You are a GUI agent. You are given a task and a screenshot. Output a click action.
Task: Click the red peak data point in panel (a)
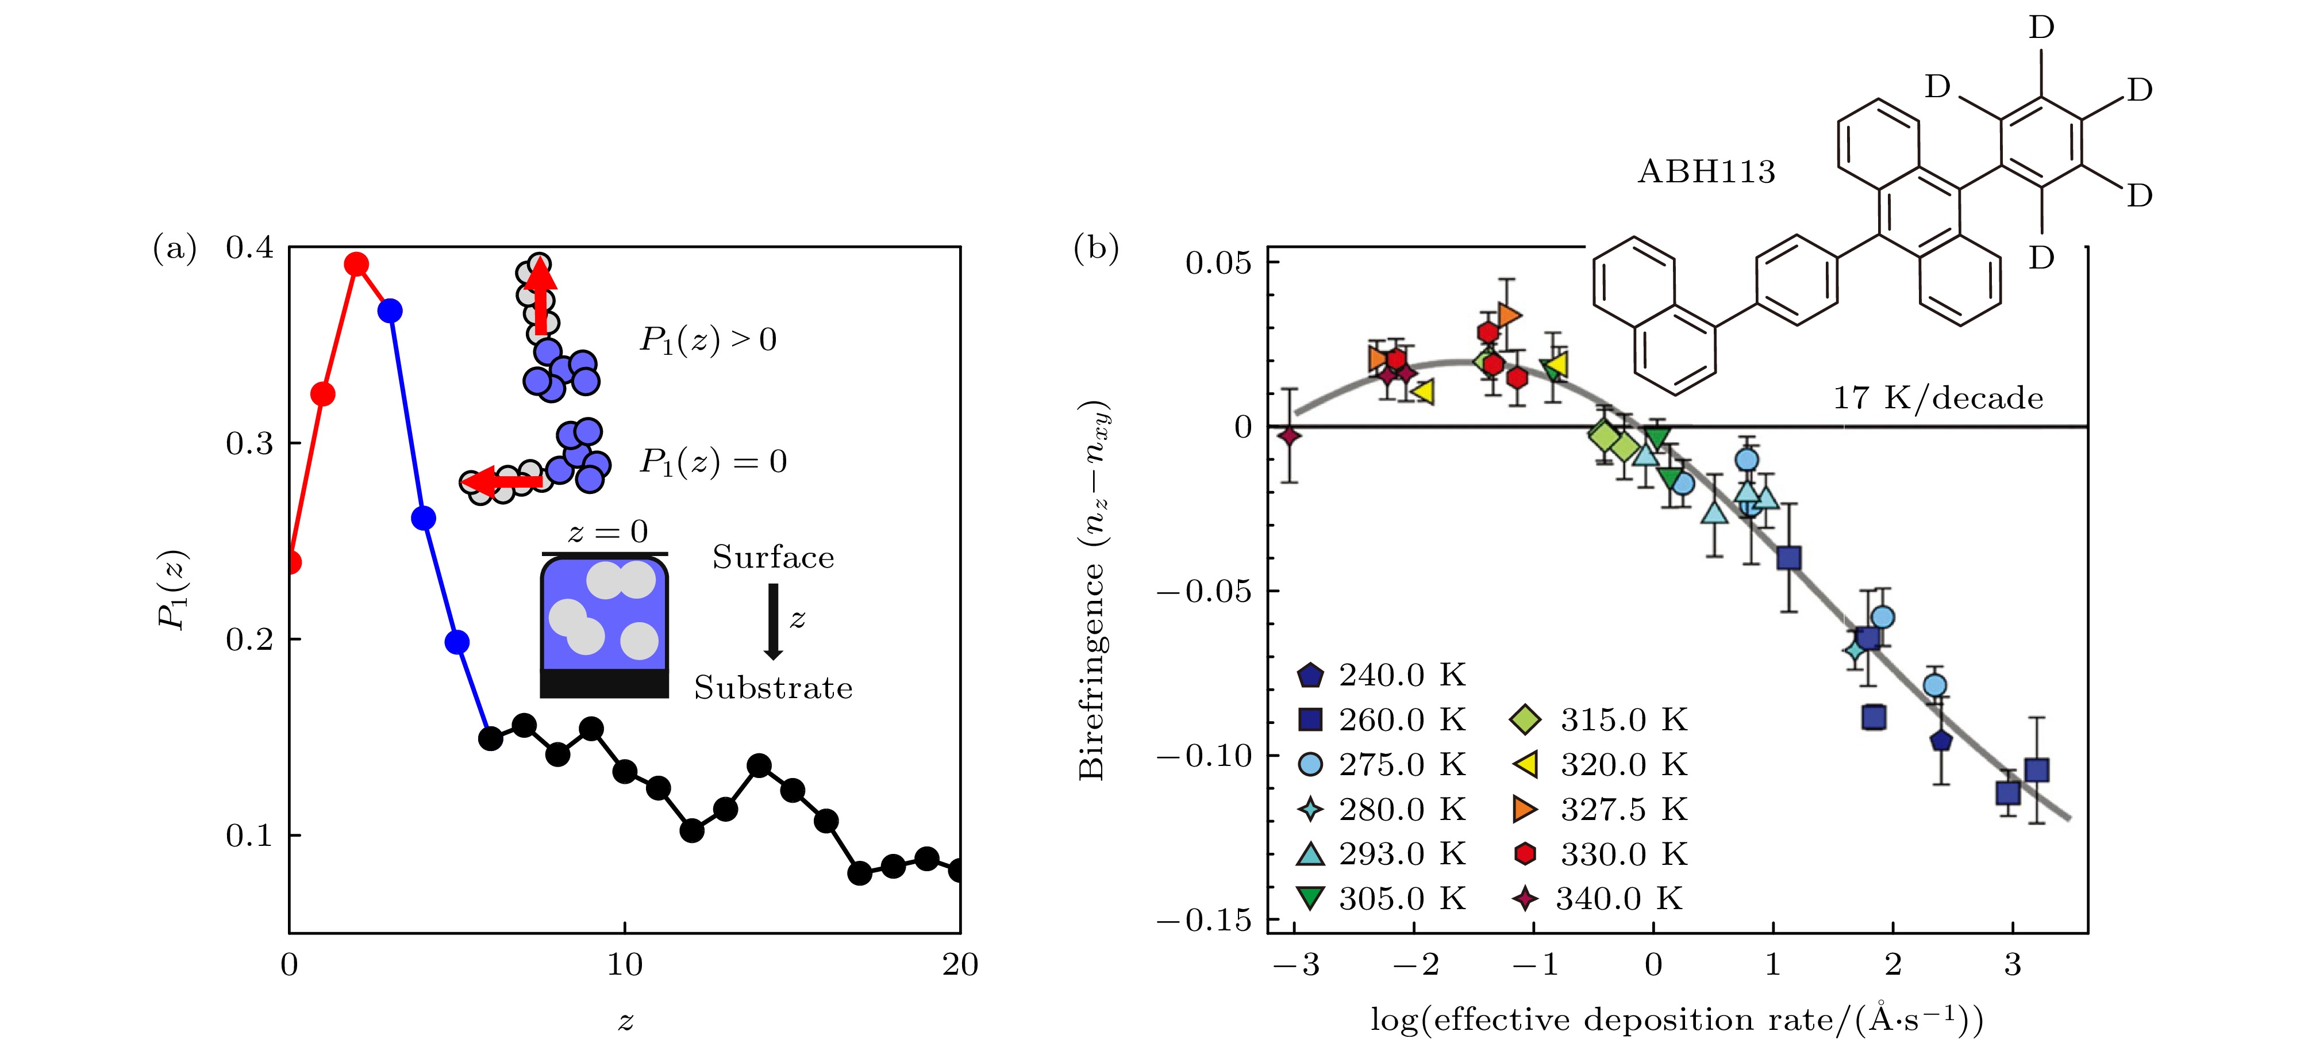(356, 265)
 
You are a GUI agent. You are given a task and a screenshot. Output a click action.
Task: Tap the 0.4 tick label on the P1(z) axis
(249, 247)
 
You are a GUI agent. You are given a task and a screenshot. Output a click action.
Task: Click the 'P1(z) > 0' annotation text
(708, 340)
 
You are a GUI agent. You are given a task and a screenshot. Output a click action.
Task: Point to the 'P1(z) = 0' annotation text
(712, 462)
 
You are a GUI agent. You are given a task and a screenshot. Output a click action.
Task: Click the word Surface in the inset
(772, 558)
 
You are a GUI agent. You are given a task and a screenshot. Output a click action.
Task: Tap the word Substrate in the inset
(772, 688)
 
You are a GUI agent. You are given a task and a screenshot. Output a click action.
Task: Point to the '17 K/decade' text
(1938, 398)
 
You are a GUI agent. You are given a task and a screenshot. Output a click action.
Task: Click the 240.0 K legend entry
(1383, 675)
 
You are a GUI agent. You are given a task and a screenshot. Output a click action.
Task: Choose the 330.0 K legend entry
(1604, 854)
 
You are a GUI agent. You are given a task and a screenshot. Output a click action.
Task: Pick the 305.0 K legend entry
(1383, 898)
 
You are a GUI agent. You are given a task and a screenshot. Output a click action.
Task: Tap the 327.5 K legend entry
(1604, 810)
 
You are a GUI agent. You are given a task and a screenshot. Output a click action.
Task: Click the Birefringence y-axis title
(1093, 592)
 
